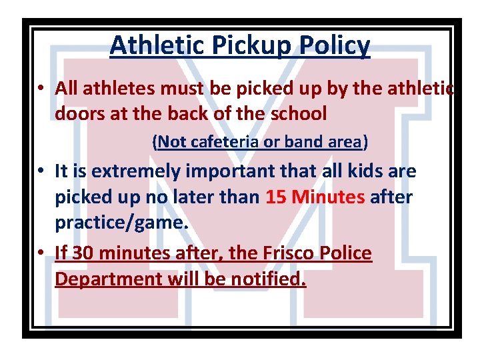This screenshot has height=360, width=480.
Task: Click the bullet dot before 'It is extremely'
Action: pyautogui.click(x=41, y=172)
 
